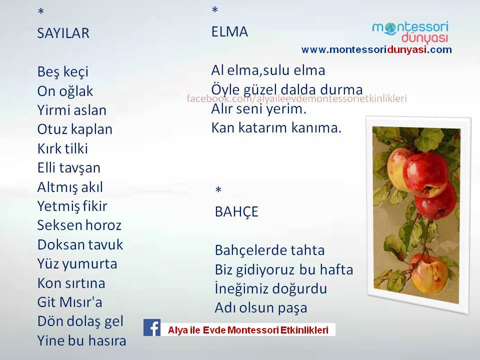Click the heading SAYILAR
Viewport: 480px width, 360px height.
[63, 33]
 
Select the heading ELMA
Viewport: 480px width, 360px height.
[229, 32]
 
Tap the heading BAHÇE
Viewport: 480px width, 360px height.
[236, 212]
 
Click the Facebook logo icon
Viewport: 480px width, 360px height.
[152, 327]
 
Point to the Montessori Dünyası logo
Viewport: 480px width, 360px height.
[410, 32]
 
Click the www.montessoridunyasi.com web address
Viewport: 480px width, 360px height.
[376, 49]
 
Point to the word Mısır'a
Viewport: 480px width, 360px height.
[81, 302]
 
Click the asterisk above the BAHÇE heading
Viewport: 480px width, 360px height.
[218, 190]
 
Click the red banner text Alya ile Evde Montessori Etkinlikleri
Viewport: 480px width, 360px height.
[248, 330]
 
